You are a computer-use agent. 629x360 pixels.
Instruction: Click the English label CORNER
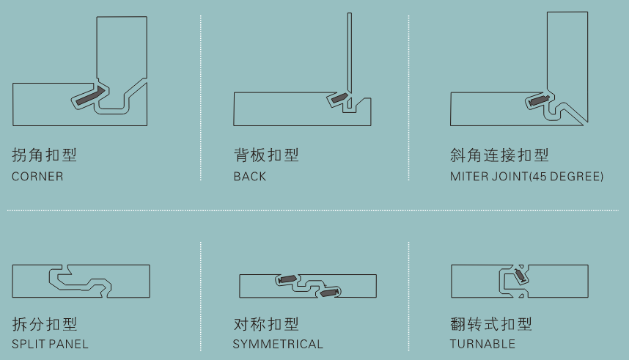[x=37, y=176]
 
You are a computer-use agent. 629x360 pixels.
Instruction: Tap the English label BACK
[x=249, y=176]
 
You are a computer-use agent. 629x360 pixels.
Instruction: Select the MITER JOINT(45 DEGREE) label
[x=526, y=176]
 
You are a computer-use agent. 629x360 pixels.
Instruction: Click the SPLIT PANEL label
[x=50, y=344]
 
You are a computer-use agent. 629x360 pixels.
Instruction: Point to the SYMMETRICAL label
[x=278, y=344]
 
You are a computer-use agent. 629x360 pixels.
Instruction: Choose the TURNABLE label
[x=482, y=344]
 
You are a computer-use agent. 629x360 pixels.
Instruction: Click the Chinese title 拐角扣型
[x=44, y=155]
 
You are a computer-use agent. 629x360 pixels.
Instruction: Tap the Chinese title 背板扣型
[x=266, y=155]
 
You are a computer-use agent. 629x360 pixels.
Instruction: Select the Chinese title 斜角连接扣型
[x=499, y=155]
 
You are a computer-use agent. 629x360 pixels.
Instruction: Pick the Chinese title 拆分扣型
[x=44, y=324]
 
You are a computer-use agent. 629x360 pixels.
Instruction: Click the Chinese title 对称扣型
[x=266, y=324]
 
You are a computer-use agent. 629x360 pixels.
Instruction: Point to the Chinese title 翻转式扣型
[x=491, y=324]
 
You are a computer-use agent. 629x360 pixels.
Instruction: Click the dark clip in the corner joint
[x=90, y=95]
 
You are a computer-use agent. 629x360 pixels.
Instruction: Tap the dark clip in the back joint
[x=339, y=98]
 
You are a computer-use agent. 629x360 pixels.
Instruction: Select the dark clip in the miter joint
[x=538, y=100]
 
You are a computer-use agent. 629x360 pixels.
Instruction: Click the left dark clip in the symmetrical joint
[x=287, y=279]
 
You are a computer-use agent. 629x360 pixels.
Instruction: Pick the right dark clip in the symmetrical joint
[x=329, y=292]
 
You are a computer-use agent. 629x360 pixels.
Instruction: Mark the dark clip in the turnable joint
[x=520, y=276]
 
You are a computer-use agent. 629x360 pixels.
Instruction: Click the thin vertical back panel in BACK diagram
[x=350, y=60]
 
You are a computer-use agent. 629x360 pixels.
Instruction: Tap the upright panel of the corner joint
[x=122, y=48]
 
